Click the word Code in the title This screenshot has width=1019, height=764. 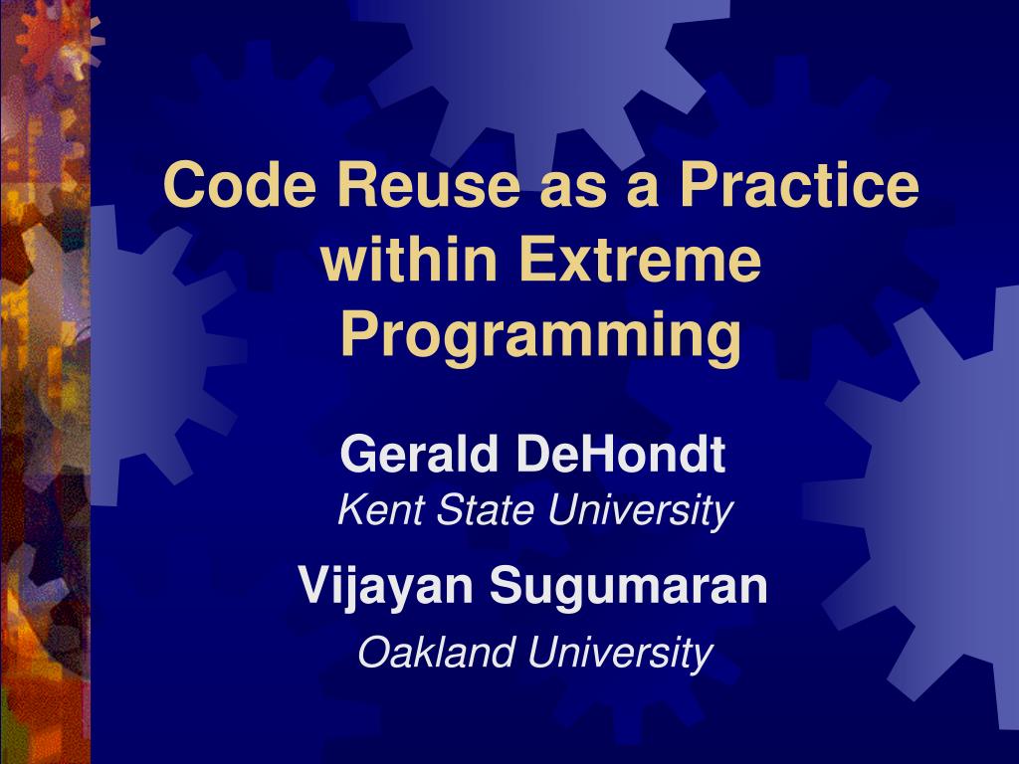coord(239,184)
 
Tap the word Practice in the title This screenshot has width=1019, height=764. coord(799,184)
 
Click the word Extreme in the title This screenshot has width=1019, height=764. coord(640,260)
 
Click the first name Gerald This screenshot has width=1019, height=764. coord(419,454)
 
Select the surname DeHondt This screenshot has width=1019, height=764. coord(621,454)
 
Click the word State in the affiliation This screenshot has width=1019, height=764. coord(485,510)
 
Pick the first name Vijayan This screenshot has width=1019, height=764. coord(386,587)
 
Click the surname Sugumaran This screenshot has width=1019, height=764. coord(629,587)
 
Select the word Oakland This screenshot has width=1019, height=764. coord(437,652)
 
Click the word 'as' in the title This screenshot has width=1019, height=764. coord(573,190)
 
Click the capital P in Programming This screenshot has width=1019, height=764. coord(358,334)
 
